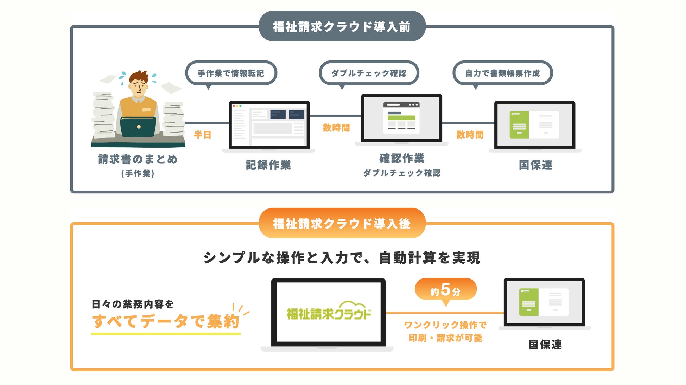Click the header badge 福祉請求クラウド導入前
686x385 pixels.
pyautogui.click(x=342, y=26)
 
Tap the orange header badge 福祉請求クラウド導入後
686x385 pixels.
pyautogui.click(x=342, y=223)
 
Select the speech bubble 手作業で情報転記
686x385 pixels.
pyautogui.click(x=231, y=73)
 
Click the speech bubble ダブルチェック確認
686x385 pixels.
pyautogui.click(x=368, y=73)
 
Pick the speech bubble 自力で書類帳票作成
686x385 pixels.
pyautogui.click(x=502, y=73)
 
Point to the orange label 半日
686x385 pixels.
pyautogui.click(x=203, y=135)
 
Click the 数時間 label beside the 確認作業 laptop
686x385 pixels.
pyautogui.click(x=336, y=128)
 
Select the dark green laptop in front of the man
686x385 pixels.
pyautogui.click(x=138, y=127)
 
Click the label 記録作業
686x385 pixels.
pyautogui.click(x=268, y=165)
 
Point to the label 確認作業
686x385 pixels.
pyautogui.click(x=402, y=158)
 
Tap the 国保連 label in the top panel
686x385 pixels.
pyautogui.click(x=535, y=165)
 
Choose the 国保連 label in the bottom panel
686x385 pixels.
pyautogui.click(x=545, y=345)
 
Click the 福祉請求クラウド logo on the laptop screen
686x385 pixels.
pyautogui.click(x=329, y=312)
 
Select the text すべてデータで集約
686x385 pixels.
pyautogui.click(x=166, y=321)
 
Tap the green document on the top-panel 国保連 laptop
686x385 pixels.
pyautogui.click(x=519, y=124)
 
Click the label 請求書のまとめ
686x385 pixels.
pyautogui.click(x=138, y=159)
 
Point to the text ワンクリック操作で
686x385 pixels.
pyautogui.click(x=445, y=325)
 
